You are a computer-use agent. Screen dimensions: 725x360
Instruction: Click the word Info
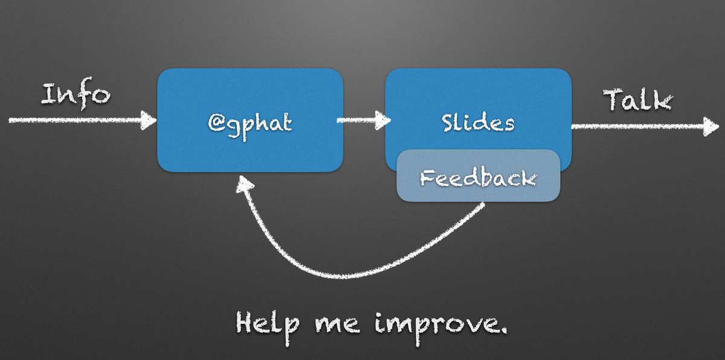pyautogui.click(x=76, y=95)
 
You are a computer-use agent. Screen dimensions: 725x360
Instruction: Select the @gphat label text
pyautogui.click(x=250, y=123)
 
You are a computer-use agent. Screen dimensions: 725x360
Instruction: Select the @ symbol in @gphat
pyautogui.click(x=216, y=123)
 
